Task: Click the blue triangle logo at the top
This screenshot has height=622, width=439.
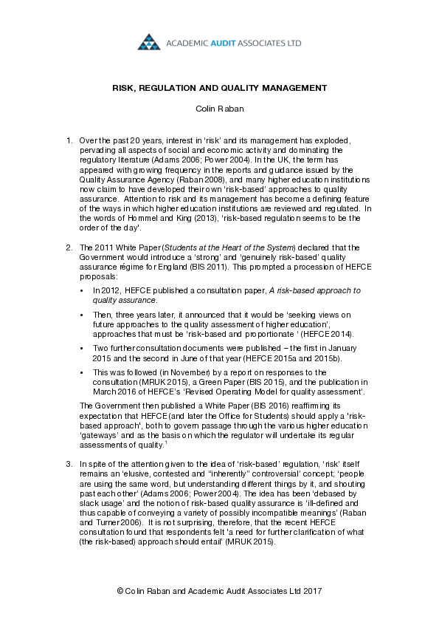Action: click(x=149, y=42)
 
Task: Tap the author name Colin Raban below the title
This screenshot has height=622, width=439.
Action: click(x=219, y=109)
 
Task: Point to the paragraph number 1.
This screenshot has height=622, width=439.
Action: click(x=69, y=140)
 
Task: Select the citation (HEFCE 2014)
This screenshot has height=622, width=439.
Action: click(x=331, y=333)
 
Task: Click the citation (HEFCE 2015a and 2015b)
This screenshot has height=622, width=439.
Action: click(x=280, y=356)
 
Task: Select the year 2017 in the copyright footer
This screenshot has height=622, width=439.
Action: click(x=311, y=592)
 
